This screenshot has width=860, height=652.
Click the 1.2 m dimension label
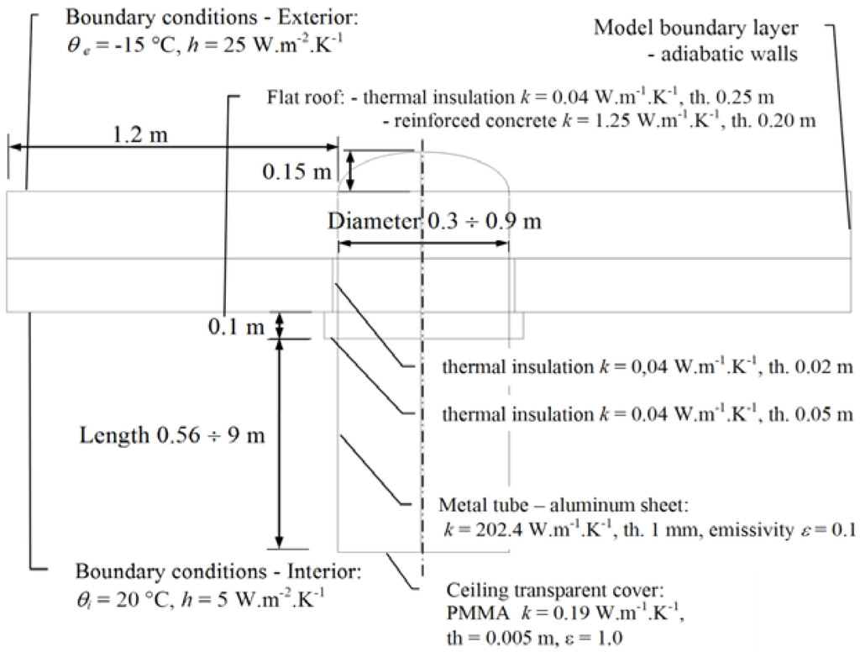pos(139,135)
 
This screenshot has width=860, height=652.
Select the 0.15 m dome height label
pos(296,171)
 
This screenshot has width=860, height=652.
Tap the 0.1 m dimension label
pos(236,326)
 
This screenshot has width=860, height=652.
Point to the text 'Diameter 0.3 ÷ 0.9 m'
pos(434,222)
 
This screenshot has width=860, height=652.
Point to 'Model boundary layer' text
pos(696,28)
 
